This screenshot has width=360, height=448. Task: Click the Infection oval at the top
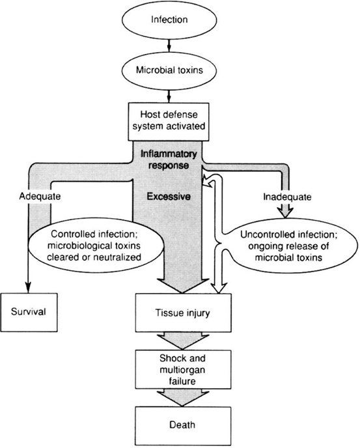[x=169, y=20]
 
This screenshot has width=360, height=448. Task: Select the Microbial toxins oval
[x=169, y=70]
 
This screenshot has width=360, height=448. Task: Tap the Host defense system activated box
[x=169, y=122]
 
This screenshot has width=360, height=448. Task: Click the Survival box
[x=29, y=313]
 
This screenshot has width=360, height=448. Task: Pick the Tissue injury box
[x=183, y=313]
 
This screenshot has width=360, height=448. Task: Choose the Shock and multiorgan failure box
[x=183, y=369]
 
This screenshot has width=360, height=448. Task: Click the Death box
[x=183, y=426]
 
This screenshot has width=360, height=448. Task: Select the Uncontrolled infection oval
[x=288, y=246]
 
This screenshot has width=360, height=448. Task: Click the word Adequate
[x=40, y=197]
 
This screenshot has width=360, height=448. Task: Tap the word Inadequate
[x=287, y=197]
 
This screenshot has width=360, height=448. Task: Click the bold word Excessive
[x=169, y=197]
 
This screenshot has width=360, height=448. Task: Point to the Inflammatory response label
[x=169, y=160]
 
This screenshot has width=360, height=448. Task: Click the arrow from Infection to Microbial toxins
[x=169, y=45]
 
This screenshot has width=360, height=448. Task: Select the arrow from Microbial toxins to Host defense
[x=169, y=96]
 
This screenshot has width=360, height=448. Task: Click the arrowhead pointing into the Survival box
[x=28, y=288]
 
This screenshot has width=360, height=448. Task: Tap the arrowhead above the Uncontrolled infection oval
[x=285, y=213]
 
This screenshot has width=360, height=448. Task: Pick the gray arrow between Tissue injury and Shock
[x=183, y=341]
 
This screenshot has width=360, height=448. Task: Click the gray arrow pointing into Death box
[x=183, y=398]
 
